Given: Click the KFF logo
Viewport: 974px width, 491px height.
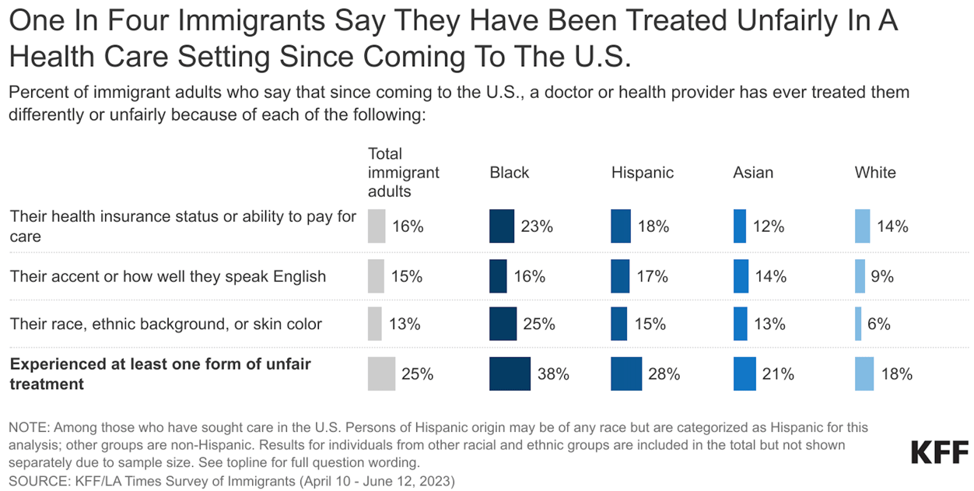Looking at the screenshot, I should tap(940, 452).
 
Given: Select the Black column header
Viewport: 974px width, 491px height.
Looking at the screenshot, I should tap(510, 173).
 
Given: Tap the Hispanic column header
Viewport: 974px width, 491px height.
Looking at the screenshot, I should tap(643, 173).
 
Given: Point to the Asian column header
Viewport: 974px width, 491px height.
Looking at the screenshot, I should tap(753, 173).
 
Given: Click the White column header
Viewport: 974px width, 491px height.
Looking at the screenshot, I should tap(875, 173).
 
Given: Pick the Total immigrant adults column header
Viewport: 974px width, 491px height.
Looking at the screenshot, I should tap(404, 172).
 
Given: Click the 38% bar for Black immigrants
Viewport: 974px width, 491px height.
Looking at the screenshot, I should tap(510, 374).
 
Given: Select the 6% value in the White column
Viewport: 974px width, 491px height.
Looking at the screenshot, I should tap(878, 324).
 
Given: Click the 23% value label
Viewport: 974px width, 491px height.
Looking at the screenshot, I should tap(538, 226).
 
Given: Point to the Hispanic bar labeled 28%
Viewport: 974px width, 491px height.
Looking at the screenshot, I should tap(626, 374).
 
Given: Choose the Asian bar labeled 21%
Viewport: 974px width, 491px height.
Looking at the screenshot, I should tap(745, 374).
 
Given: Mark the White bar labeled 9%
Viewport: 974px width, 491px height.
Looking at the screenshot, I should tap(860, 276).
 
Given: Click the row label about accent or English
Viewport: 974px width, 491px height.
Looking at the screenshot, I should tap(168, 276).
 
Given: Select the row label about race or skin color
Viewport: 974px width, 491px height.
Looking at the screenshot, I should tap(166, 324).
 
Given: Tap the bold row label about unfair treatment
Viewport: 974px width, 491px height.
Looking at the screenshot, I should tap(160, 374).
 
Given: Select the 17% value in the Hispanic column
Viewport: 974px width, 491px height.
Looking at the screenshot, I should tap(653, 276).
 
